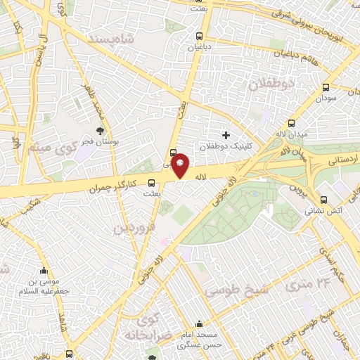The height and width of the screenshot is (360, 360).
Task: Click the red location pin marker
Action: [181, 166]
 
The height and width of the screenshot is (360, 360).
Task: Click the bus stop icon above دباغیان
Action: [200, 35]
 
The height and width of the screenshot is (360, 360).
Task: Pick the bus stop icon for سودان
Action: [326, 88]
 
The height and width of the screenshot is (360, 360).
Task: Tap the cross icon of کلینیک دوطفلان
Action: [226, 134]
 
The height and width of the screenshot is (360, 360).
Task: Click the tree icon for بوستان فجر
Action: [101, 131]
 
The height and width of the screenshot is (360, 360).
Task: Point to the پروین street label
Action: [296, 190]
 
